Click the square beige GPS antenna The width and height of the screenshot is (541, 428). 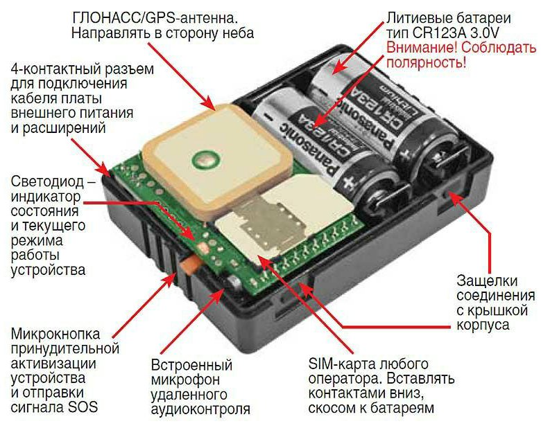217,161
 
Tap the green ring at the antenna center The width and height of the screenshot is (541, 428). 207,160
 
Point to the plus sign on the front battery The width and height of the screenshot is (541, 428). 348,182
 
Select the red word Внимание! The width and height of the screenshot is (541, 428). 422,48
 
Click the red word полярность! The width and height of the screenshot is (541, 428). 426,63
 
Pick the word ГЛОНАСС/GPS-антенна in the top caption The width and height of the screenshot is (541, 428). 155,18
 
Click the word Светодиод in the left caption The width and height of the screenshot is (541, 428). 47,181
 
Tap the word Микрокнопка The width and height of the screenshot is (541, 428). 55,334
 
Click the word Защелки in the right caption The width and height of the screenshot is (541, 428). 487,281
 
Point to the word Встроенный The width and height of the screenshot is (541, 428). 191,364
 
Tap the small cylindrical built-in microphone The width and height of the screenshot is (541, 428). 234,285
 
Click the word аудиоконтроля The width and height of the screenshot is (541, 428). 200,409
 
